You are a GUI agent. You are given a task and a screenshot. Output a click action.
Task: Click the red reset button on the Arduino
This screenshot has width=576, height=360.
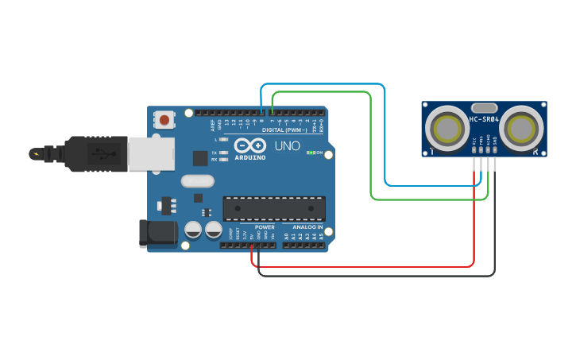click(x=164, y=121)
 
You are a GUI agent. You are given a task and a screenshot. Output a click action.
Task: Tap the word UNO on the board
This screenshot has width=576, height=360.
click(x=287, y=146)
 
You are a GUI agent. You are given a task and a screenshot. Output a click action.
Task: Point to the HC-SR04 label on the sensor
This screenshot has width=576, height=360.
click(x=484, y=120)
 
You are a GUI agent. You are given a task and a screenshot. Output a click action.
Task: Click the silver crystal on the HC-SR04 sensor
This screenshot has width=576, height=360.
click(x=484, y=107)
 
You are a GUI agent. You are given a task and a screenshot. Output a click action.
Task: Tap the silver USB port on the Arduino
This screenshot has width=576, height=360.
click(x=151, y=153)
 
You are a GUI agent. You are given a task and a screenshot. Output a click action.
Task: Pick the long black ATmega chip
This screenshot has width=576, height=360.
click(x=274, y=208)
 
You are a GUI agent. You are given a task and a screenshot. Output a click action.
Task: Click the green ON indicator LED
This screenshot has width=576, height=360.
click(x=310, y=153)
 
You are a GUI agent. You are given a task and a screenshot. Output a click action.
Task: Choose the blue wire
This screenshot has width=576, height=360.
click(x=385, y=135)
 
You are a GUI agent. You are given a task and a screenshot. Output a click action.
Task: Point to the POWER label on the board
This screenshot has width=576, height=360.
click(x=265, y=227)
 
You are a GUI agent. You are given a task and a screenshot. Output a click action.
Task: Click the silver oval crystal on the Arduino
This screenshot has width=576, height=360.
click(x=198, y=180)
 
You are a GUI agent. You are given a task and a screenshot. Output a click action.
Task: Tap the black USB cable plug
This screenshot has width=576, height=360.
click(x=87, y=153)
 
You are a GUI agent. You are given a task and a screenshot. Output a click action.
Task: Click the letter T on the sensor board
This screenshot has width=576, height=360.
click(x=431, y=152)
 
